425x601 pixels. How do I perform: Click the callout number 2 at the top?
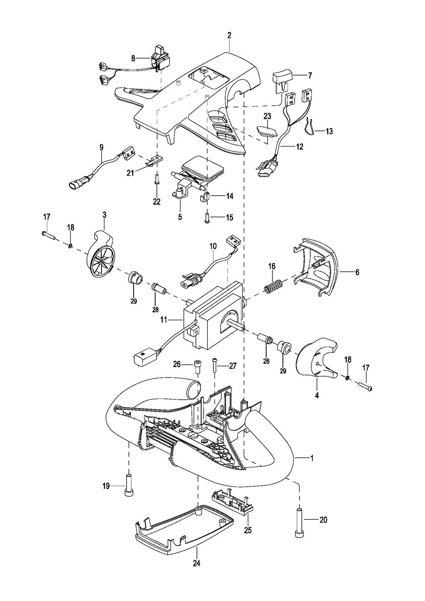[229, 35]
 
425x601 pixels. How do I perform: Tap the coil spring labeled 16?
[272, 286]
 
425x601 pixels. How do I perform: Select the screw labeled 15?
[207, 217]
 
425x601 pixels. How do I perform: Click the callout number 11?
[163, 319]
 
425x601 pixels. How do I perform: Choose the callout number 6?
[357, 272]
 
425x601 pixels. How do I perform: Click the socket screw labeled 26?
[197, 367]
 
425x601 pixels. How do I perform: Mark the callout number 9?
[101, 147]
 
